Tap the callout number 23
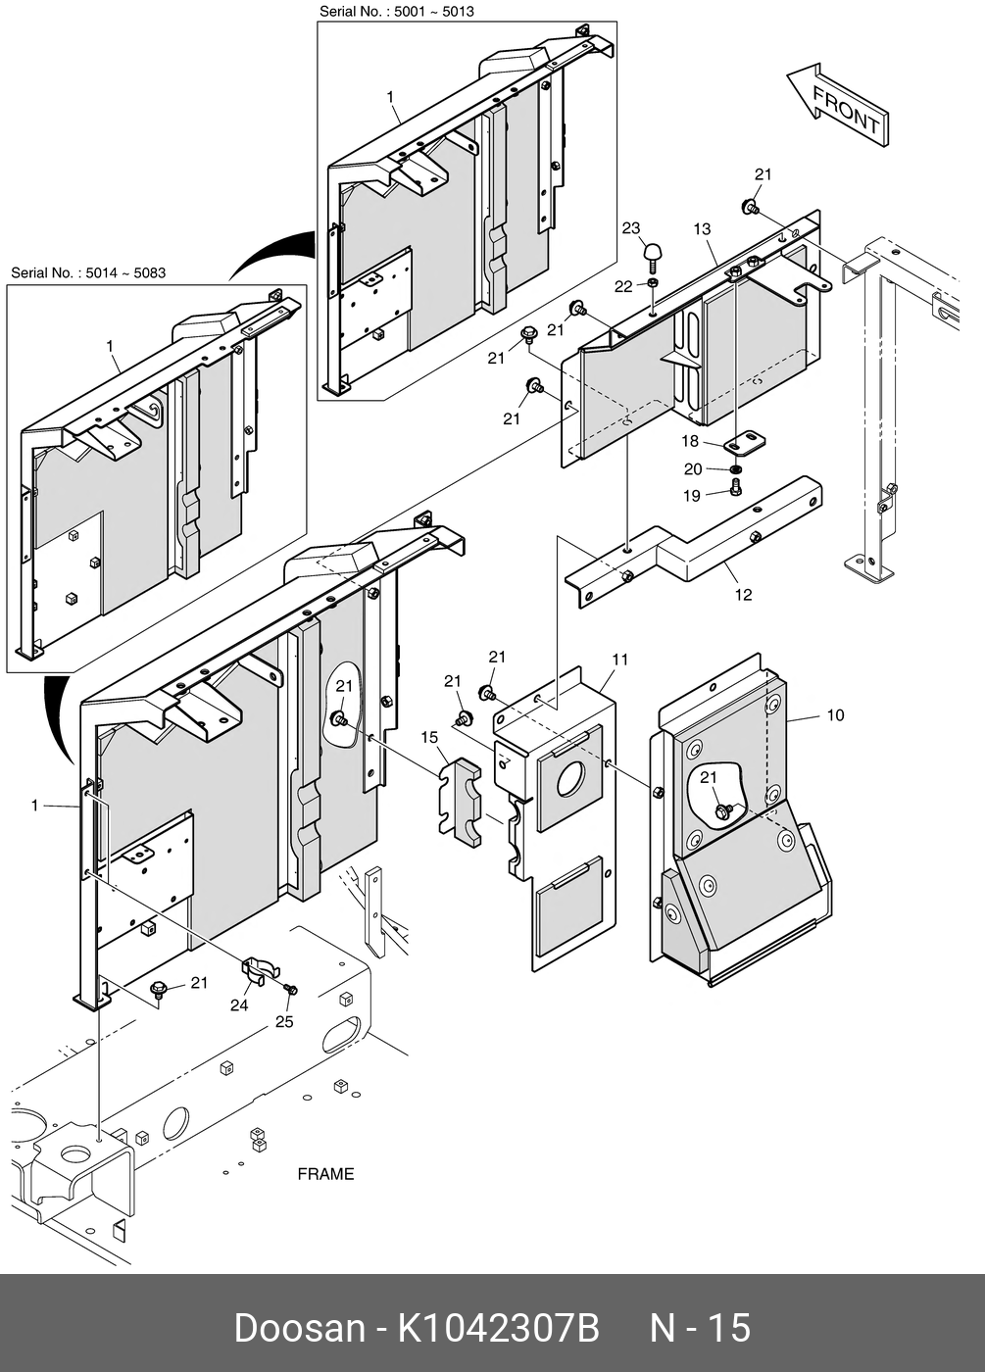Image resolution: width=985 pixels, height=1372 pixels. (631, 229)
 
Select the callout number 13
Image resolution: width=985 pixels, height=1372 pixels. (702, 229)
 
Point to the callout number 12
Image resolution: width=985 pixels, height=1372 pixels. (744, 594)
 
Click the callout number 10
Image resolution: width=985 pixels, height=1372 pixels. (835, 715)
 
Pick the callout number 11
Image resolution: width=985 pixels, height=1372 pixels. (619, 660)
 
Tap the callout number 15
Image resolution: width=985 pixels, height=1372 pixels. (429, 736)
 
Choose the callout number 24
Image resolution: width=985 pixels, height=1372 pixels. (239, 1004)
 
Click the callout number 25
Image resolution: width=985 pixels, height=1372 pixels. (284, 1022)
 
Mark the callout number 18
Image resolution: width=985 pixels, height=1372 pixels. (691, 442)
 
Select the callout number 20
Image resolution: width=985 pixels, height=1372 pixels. (693, 469)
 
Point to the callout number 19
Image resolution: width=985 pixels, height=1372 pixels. (692, 496)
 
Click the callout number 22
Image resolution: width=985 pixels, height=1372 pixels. (624, 286)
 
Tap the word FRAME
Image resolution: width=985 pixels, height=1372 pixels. (325, 1174)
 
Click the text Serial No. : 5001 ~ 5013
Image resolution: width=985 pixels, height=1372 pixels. (397, 11)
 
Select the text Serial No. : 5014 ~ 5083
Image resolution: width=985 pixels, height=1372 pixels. (88, 272)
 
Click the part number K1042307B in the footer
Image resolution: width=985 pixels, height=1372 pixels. (498, 1329)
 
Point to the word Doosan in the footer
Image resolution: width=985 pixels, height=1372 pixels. (299, 1329)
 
